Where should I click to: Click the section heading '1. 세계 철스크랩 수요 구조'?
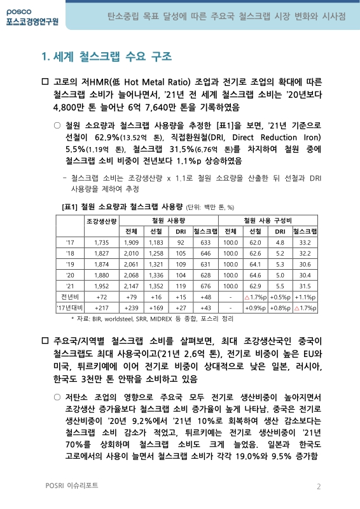[106, 58]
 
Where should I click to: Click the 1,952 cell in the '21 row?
[101, 286]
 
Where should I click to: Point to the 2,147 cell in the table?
[132, 286]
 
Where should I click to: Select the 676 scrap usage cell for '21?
[205, 286]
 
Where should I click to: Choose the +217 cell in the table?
[101, 307]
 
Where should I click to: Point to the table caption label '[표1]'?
[69, 206]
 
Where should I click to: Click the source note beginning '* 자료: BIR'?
[152, 318]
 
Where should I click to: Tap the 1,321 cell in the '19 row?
[156, 264]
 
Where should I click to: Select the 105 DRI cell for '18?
[181, 253]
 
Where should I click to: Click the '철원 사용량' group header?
[169, 220]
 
